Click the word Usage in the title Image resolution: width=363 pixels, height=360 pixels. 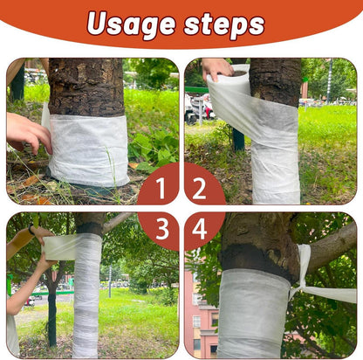pos(131,24)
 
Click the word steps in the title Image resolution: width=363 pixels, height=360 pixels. pos(224,24)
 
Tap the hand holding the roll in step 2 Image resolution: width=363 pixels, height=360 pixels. pos(216,68)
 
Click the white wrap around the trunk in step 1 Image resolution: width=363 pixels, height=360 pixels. pos(88,149)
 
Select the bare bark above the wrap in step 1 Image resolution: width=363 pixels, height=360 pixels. pos(86,87)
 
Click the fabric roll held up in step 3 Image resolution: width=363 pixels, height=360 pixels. pos(58,247)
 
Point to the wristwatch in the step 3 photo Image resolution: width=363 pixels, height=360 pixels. pos(31,230)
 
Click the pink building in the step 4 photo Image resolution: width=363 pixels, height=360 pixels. pos(201,315)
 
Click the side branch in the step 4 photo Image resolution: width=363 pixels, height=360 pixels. pos(332,246)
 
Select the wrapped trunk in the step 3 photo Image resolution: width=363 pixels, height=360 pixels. pos(86,294)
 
